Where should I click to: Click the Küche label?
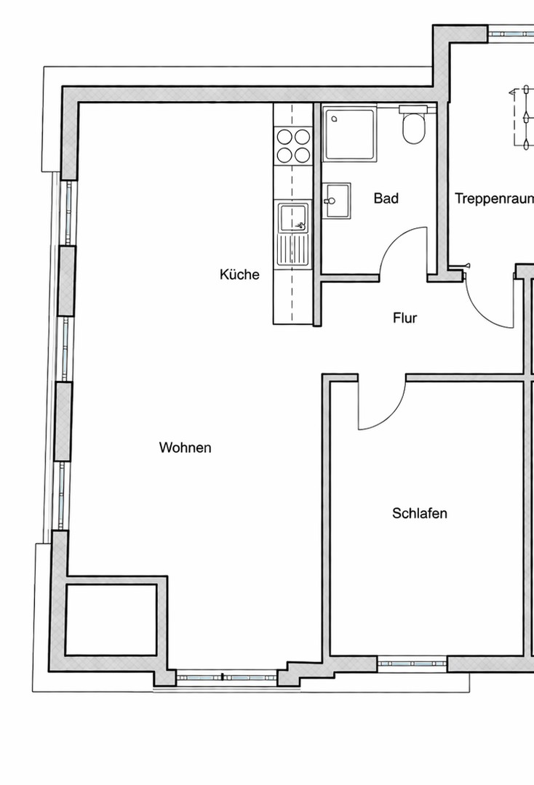pos(239,275)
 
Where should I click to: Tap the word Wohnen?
pos(185,448)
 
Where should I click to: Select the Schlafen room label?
pos(420,513)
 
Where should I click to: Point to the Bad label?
pos(386,198)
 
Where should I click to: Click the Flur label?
pos(405,318)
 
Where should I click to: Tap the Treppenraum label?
pos(494,198)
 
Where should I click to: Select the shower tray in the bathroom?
pos(350,134)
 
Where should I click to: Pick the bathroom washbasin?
pos(338,199)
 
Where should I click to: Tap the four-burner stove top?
pos(294,145)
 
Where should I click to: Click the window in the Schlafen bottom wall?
pos(412,664)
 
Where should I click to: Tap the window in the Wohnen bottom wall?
pos(226,677)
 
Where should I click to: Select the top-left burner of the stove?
pos(284,136)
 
